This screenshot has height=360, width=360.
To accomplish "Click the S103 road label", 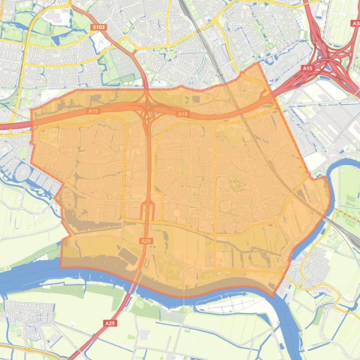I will pyautogui.click(x=99, y=27).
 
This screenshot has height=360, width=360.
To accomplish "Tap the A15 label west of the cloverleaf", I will pyautogui.click(x=93, y=111).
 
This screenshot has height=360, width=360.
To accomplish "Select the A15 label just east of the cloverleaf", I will pyautogui.click(x=182, y=114).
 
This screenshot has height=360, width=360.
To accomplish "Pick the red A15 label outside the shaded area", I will pyautogui.click(x=307, y=68).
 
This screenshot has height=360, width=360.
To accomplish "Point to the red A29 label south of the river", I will pyautogui.click(x=110, y=323).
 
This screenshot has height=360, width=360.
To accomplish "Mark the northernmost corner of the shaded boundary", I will pyautogui.click(x=258, y=63).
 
